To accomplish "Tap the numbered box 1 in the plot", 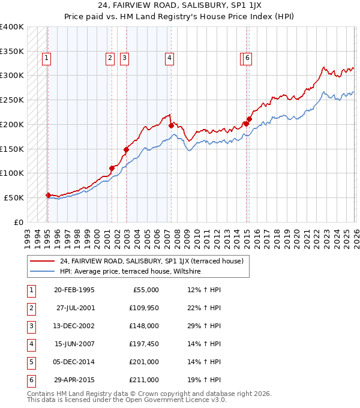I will tap(47, 58).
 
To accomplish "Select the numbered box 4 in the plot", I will tap(170, 58).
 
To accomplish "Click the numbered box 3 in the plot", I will tap(124, 58).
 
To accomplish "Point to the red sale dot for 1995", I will tap(48, 194).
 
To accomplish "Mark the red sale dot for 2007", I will tap(171, 125).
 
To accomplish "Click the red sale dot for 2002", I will tap(127, 149).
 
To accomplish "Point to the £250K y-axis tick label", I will tap(12, 100).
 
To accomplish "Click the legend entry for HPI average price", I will tap(130, 272).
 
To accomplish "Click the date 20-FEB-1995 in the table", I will tap(74, 290).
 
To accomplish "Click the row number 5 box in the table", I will tap(30, 362).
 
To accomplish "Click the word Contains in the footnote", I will tap(41, 394).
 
